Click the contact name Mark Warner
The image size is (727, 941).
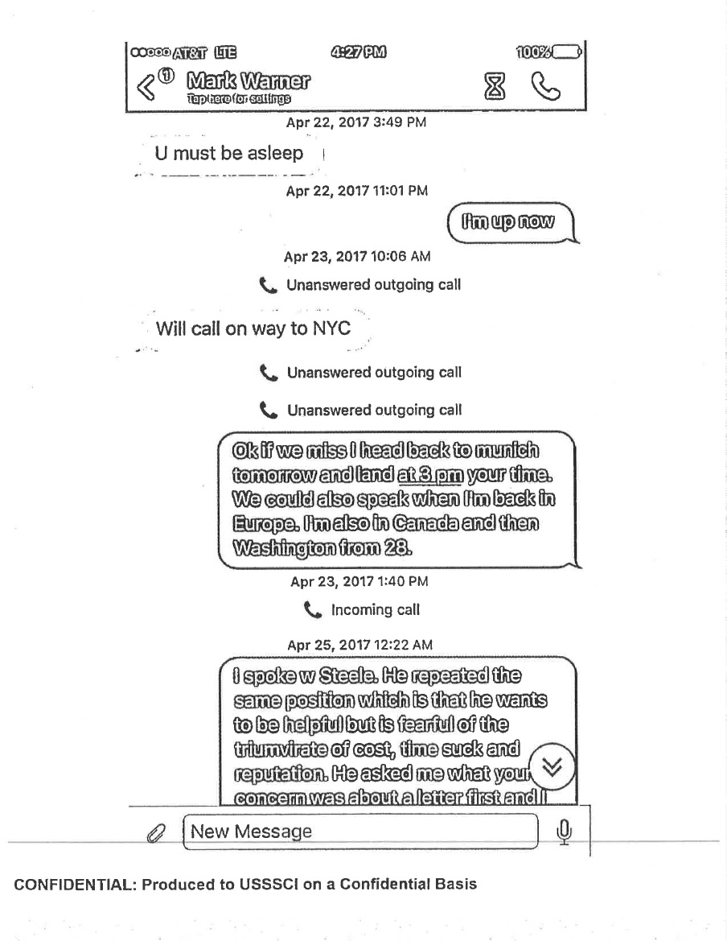248,81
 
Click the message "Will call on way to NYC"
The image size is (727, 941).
253,328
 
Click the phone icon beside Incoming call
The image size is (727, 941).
314,610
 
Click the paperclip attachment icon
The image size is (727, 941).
155,832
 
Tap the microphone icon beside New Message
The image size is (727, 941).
565,831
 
